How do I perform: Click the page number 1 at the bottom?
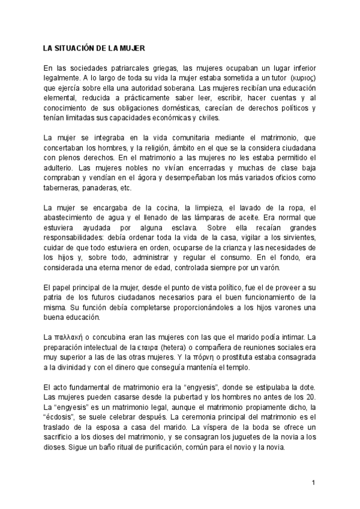[313, 482]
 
